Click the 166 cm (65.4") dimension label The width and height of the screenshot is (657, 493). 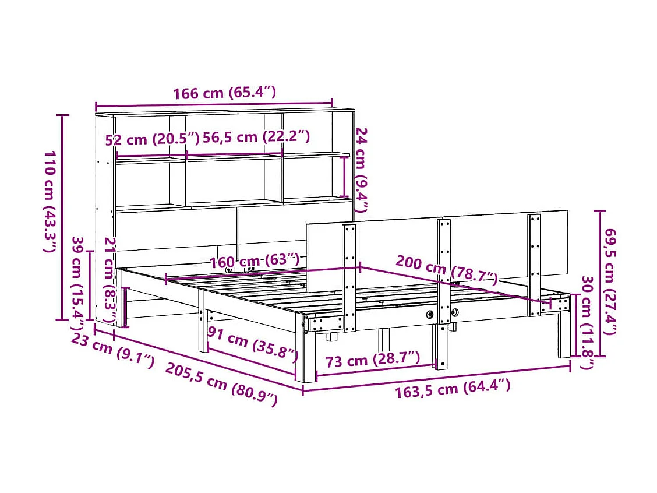224,93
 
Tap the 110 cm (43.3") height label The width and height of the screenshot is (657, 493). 50,202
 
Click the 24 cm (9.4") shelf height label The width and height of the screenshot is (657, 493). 362,170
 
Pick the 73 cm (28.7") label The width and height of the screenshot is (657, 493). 372,360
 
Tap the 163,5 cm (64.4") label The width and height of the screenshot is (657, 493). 453,388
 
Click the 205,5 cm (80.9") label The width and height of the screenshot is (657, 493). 221,384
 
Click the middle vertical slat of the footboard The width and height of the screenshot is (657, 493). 444,291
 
